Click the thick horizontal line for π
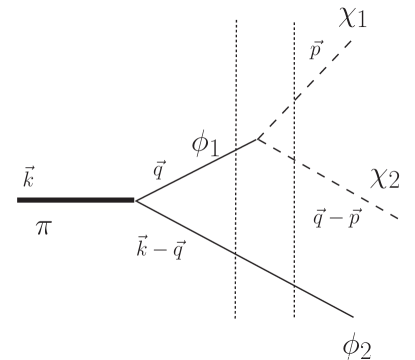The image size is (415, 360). [75, 200]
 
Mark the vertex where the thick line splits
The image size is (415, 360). [135, 200]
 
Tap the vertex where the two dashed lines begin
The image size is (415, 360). [258, 137]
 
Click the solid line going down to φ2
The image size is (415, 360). [250, 259]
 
